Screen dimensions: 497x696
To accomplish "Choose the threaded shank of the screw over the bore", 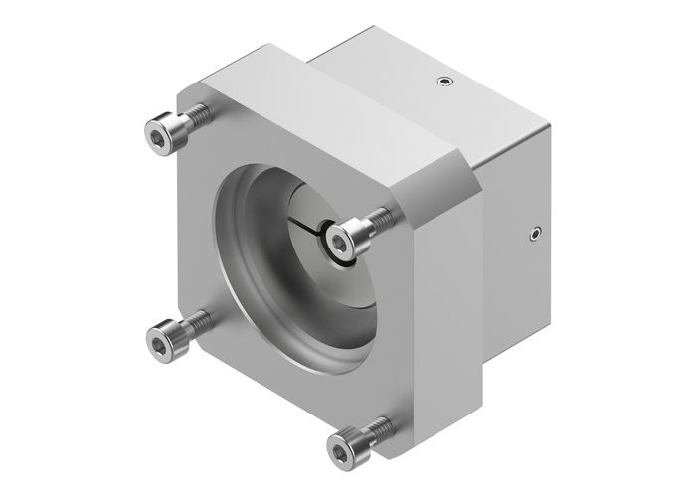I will [x=378, y=220].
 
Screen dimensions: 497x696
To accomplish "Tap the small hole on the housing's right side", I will [x=536, y=235].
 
